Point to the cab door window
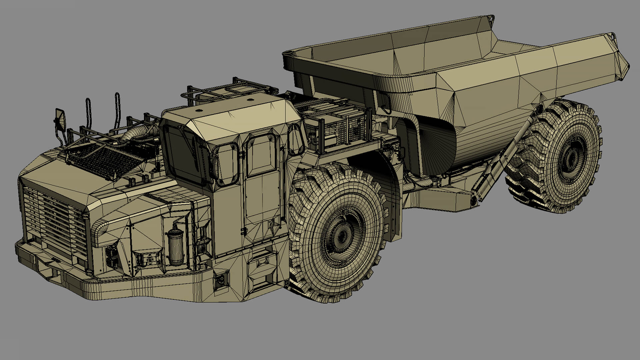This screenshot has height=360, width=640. [x=261, y=155]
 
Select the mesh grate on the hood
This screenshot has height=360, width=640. [x=103, y=160]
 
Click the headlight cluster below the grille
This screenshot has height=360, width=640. [x=112, y=257]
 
